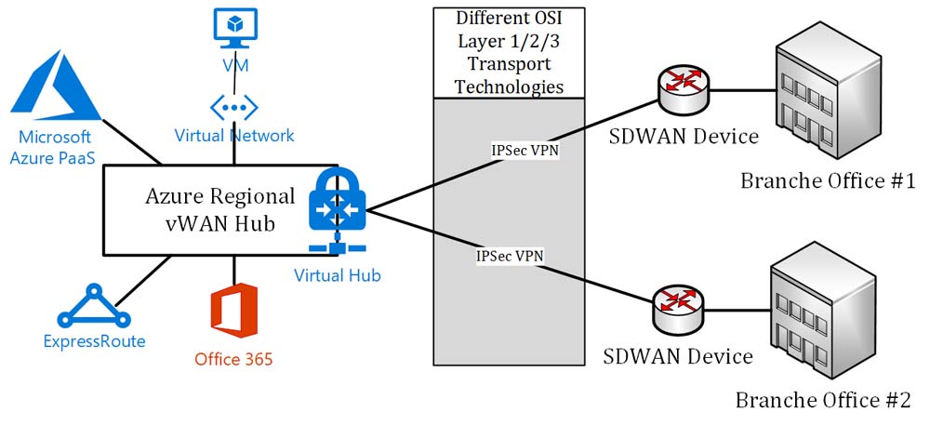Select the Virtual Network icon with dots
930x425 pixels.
click(233, 105)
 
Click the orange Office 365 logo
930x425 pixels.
click(233, 312)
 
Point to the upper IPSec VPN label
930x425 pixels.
click(525, 149)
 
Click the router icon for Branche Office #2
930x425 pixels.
click(676, 303)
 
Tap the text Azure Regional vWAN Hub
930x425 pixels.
click(219, 210)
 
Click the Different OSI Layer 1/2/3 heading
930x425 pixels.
click(502, 52)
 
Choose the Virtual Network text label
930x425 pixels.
click(234, 136)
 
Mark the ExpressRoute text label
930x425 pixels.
click(95, 341)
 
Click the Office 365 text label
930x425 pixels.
click(233, 359)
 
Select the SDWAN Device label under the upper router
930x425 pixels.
click(684, 136)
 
